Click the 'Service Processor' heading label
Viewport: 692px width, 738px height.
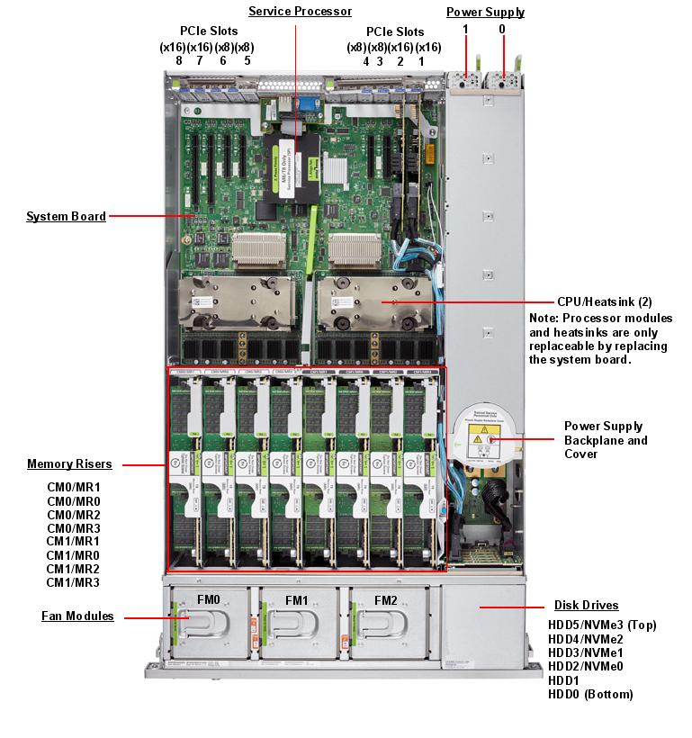300,12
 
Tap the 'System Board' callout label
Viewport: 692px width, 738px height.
66,216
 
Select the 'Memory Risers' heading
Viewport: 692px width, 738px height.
69,464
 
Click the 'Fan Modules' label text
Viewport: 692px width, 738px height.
77,616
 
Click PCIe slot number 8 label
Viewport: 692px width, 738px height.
178,61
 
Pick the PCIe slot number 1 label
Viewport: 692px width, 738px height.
420,61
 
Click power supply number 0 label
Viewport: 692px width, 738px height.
502,29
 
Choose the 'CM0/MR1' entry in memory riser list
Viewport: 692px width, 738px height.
74,487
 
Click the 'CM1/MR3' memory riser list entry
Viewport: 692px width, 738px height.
74,582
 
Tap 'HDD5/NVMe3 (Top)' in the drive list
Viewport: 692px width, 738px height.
602,624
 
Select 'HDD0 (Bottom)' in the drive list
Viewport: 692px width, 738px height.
590,694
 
